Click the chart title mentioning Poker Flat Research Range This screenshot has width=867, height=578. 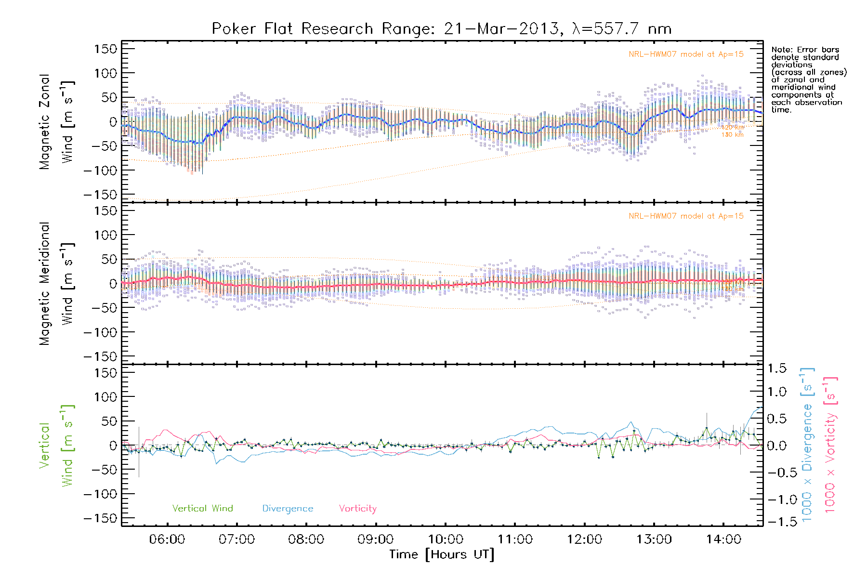[x=441, y=29]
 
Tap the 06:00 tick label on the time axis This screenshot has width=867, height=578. [x=167, y=539]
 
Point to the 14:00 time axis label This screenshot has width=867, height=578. [x=723, y=539]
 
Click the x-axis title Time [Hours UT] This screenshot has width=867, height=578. [x=441, y=555]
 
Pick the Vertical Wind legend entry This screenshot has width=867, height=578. [x=202, y=509]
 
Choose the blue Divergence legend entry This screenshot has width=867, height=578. [x=288, y=509]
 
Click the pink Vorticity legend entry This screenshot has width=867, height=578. [x=357, y=509]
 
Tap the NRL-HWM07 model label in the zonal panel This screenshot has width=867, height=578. [x=686, y=54]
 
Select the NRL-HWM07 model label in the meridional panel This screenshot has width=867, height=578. [x=686, y=216]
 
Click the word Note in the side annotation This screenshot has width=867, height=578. [x=781, y=50]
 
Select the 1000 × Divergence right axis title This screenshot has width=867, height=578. [x=807, y=445]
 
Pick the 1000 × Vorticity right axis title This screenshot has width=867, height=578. [x=830, y=445]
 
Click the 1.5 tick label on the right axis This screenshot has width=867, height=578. [x=776, y=368]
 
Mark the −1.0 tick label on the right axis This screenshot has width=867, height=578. [x=776, y=499]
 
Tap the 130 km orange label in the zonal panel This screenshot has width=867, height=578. [x=732, y=135]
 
